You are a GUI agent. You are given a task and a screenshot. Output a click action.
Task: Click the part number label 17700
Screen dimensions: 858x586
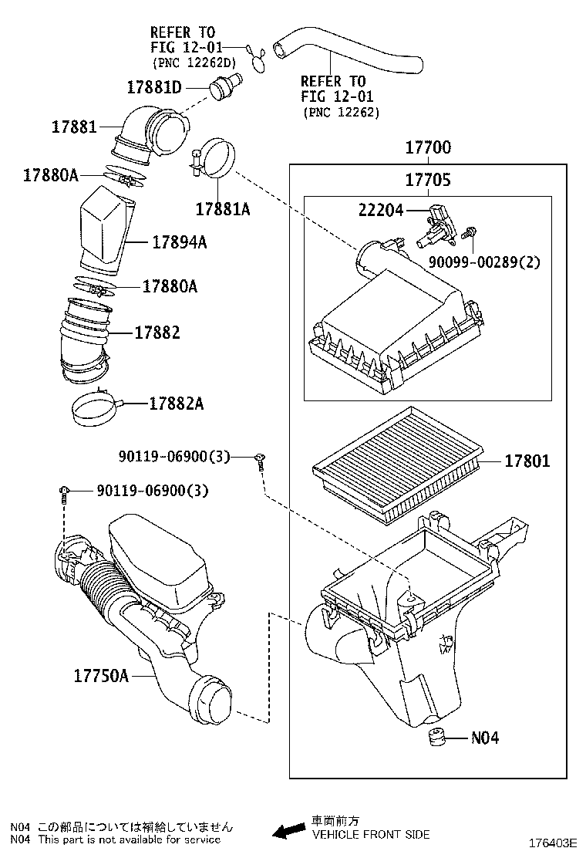tap(428, 147)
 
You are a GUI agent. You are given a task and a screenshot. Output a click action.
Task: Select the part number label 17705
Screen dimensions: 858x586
tap(428, 181)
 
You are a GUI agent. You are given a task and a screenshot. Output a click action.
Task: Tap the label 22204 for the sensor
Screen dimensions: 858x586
tap(380, 209)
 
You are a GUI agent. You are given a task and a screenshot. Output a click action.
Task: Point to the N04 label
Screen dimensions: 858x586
tap(485, 738)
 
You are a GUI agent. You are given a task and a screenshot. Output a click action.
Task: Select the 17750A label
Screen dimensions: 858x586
tap(100, 676)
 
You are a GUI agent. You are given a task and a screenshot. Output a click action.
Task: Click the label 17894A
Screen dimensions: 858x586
tap(179, 242)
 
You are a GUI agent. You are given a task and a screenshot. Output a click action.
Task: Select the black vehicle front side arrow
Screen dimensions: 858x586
tap(288, 831)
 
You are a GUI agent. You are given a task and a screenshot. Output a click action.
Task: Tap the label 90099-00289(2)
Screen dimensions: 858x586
tap(486, 262)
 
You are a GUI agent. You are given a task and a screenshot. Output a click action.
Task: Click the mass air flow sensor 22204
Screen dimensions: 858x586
tap(436, 223)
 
